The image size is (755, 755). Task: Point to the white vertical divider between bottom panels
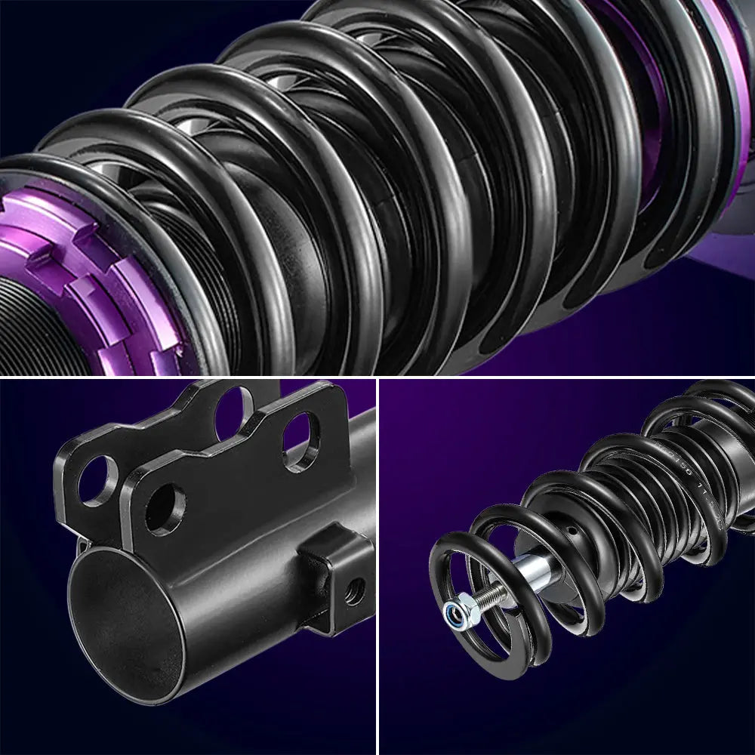click(x=378, y=566)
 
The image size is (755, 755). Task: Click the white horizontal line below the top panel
click(x=377, y=377)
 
